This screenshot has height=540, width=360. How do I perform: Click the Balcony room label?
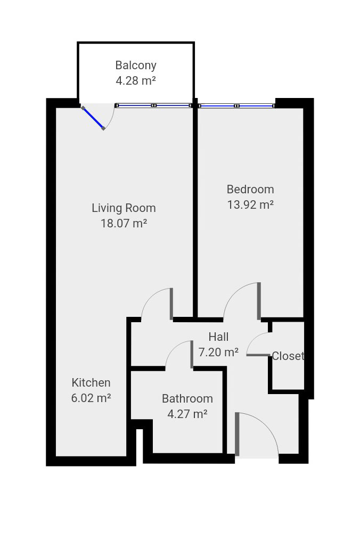tap(136, 66)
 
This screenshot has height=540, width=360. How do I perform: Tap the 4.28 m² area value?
tap(136, 80)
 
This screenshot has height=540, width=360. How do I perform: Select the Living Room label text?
tap(124, 208)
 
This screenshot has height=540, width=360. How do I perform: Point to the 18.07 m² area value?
tap(124, 223)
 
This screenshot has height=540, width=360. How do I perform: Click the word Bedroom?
tap(250, 189)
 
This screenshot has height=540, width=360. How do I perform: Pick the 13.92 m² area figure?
tap(250, 204)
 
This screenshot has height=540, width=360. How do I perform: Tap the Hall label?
tap(218, 337)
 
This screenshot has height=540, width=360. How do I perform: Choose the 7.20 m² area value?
tap(218, 352)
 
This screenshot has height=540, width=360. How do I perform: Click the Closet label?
tap(288, 356)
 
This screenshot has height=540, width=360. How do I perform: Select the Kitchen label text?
tap(91, 382)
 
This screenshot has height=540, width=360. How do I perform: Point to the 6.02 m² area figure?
tap(91, 398)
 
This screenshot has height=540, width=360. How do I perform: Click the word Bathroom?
tap(187, 398)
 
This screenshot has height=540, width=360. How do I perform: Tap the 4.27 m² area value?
tap(187, 414)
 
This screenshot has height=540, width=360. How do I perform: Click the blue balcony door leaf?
tap(93, 118)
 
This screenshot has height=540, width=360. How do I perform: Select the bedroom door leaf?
tap(259, 301)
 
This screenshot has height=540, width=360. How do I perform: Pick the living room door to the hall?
tap(171, 304)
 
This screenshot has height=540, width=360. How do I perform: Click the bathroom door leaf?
tap(192, 354)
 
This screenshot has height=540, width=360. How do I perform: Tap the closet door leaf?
tap(258, 355)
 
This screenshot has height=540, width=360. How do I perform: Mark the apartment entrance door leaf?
tap(237, 434)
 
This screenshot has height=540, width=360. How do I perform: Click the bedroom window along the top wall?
tap(236, 106)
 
